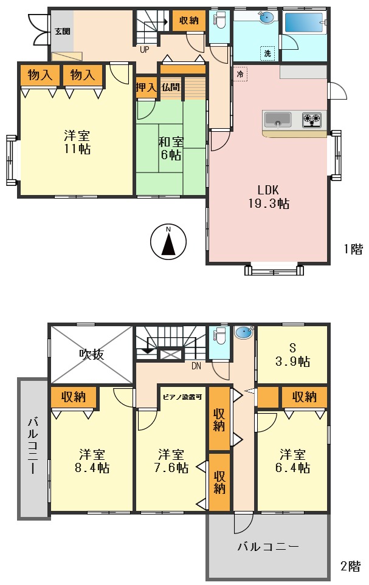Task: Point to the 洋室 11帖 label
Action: tap(77, 142)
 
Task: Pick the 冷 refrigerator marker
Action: tap(240, 74)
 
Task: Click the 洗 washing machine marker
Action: tap(267, 53)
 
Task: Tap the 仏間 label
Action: tap(170, 87)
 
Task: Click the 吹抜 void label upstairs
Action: tap(91, 354)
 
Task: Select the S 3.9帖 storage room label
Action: tap(292, 355)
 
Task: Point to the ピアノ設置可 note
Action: tap(182, 397)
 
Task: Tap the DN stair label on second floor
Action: tap(196, 366)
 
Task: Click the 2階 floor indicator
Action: tap(350, 567)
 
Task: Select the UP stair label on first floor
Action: tap(145, 50)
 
